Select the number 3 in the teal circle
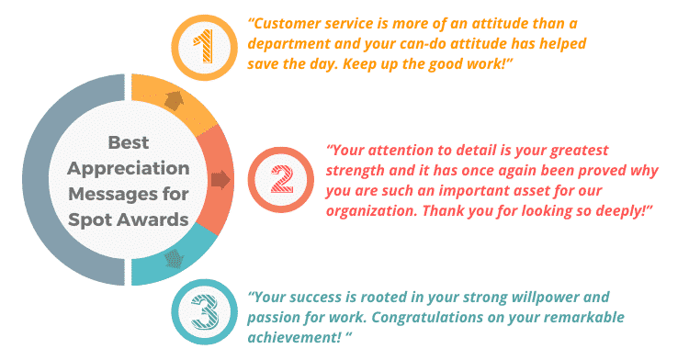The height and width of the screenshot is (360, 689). [x=204, y=312]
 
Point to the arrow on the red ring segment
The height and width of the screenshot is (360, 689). [x=220, y=179]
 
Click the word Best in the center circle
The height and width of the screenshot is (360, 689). [x=128, y=142]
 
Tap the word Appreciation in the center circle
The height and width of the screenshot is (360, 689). [x=128, y=168]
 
